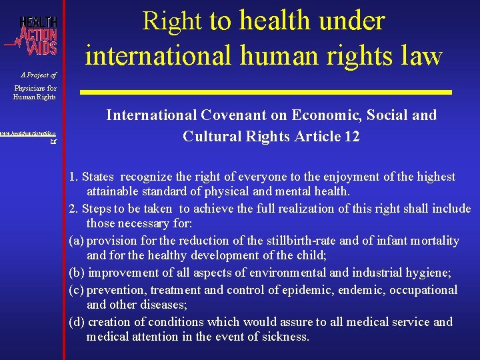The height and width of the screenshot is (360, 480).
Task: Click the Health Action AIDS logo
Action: coord(33,37)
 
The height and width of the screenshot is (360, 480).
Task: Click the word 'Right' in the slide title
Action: coord(172,21)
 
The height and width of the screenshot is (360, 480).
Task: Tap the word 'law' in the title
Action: coord(419,56)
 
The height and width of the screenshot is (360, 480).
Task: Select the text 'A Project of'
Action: coord(39,75)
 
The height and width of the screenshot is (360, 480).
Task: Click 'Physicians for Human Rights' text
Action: coord(35,93)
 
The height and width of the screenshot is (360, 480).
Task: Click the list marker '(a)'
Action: coord(77,241)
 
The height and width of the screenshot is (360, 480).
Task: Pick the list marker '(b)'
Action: coord(77,273)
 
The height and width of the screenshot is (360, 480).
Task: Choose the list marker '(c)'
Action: coord(77,290)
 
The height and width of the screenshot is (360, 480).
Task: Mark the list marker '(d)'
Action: coord(77,322)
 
